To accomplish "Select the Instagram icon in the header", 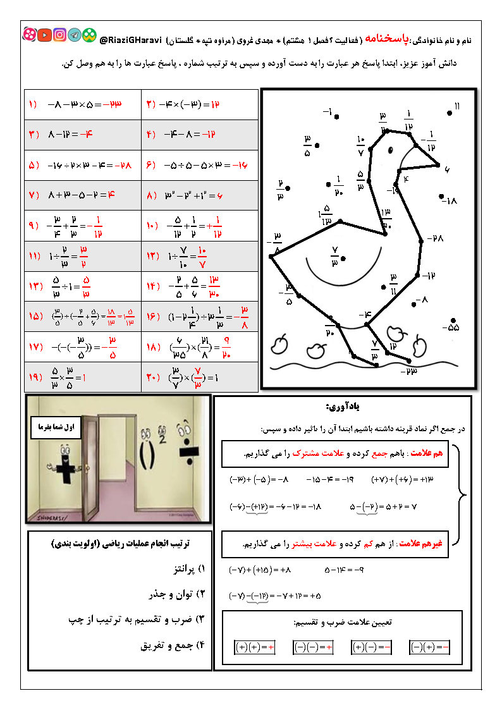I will (60, 35).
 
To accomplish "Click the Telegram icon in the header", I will (75, 35).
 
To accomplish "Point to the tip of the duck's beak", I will (439, 165).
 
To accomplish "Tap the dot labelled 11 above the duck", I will (450, 113).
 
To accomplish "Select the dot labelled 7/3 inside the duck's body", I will (343, 258).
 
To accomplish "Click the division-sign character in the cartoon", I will (185, 455).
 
